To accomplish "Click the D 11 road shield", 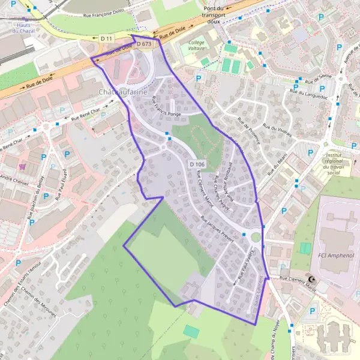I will pyautogui.click(x=106, y=38).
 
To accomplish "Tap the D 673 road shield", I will pyautogui.click(x=145, y=44).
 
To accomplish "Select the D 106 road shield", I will pyautogui.click(x=197, y=164).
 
